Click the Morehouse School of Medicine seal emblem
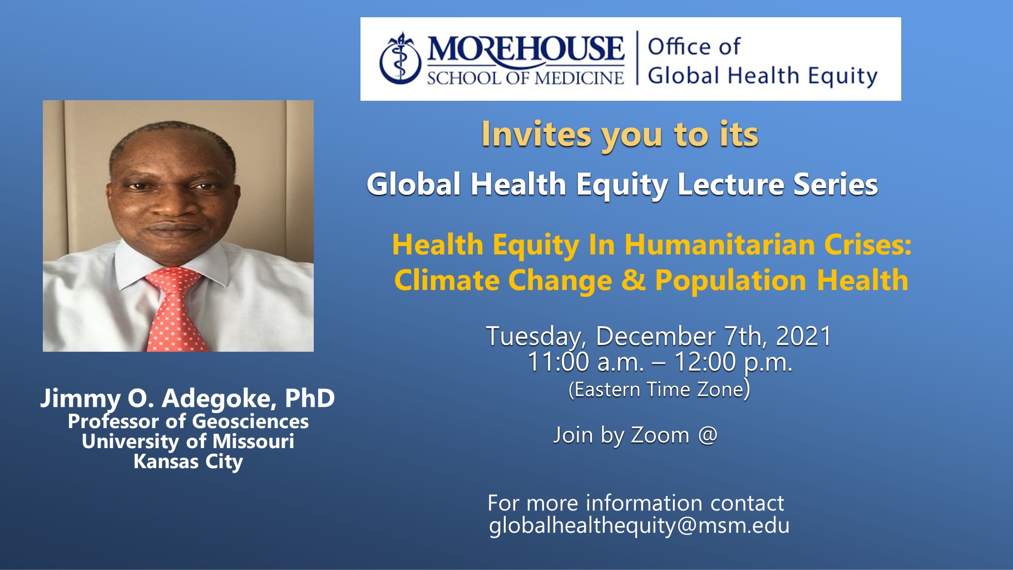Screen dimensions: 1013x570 pos(399,59)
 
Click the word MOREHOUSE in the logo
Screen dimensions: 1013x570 pos(526,49)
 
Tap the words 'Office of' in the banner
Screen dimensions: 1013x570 pos(694,46)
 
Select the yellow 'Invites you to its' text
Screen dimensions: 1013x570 pos(620,135)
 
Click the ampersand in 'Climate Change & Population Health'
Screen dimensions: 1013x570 pos(633,280)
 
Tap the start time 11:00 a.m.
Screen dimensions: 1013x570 pos(585,362)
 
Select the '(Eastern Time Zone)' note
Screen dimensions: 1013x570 pos(659,389)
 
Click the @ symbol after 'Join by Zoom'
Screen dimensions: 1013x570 pos(707,435)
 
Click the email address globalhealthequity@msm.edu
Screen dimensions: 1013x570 pos(639,526)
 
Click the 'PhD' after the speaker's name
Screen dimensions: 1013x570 pos(310,398)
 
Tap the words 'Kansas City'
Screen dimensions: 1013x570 pos(188,461)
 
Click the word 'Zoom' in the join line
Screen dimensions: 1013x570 pos(660,435)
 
